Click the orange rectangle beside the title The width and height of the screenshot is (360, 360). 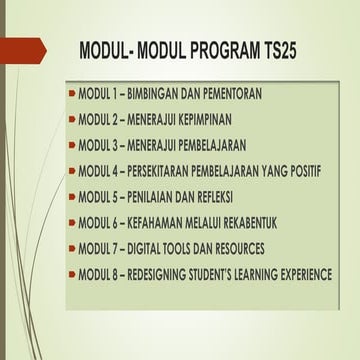click(x=20, y=48)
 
